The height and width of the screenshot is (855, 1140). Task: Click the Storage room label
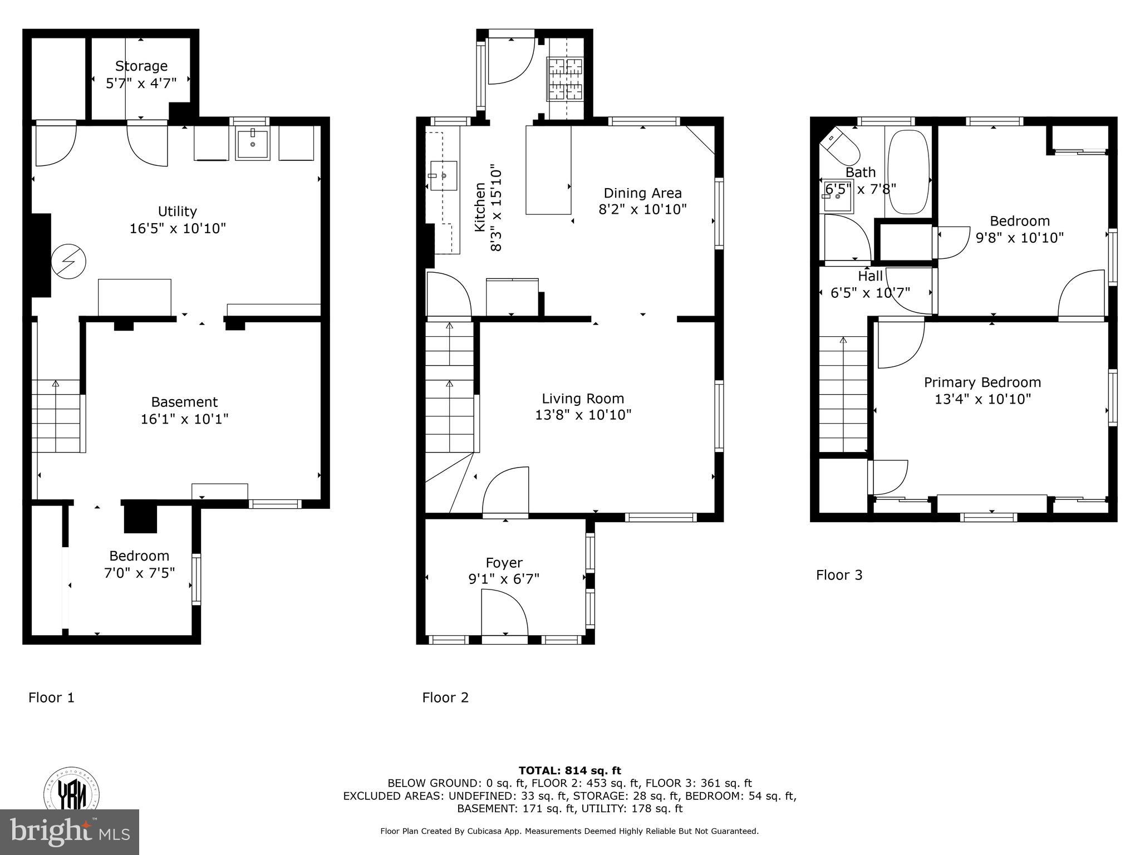coord(141,66)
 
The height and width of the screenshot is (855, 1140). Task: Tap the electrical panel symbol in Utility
coord(68,262)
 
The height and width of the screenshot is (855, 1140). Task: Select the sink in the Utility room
coord(253,144)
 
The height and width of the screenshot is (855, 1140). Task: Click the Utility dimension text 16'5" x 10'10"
coord(178,228)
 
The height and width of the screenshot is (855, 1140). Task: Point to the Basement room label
coord(184,402)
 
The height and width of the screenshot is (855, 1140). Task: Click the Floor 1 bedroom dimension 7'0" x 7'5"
coord(139,572)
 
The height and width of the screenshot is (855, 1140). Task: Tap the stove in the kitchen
coord(566,80)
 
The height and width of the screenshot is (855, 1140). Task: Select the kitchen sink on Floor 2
coord(444,175)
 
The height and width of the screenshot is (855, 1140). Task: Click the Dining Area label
coord(642,193)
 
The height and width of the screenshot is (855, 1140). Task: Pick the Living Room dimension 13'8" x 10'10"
coord(583,415)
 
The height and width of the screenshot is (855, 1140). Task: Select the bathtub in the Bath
coord(908,172)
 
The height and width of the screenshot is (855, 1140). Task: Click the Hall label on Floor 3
coord(870,276)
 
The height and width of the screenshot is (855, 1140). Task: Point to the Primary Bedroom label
coord(982,382)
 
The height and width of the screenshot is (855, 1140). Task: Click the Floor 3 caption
coord(839,575)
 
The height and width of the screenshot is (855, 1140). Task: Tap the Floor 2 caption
coord(445,697)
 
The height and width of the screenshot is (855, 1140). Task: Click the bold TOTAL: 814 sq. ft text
coord(569,770)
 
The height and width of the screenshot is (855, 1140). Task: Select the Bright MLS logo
coord(70,832)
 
